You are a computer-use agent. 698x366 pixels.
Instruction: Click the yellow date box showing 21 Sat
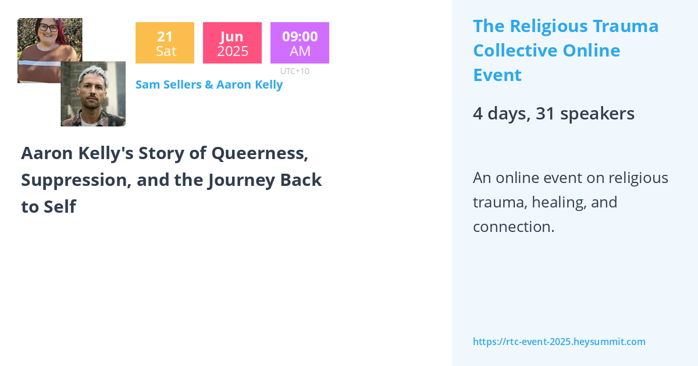[165, 43]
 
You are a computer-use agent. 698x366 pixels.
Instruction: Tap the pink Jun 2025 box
[232, 43]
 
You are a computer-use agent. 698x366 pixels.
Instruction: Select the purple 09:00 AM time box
[300, 43]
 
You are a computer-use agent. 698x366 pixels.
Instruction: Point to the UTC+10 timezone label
[294, 71]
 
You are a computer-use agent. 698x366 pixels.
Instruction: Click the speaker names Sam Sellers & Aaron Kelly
[209, 85]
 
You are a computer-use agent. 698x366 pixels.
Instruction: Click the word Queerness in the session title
[259, 153]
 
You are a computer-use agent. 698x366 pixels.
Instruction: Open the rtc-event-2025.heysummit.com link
[559, 342]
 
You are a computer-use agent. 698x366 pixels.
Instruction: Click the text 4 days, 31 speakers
[553, 114]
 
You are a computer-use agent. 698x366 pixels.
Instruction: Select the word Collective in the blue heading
[514, 51]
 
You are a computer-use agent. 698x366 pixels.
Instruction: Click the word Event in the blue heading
[497, 75]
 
